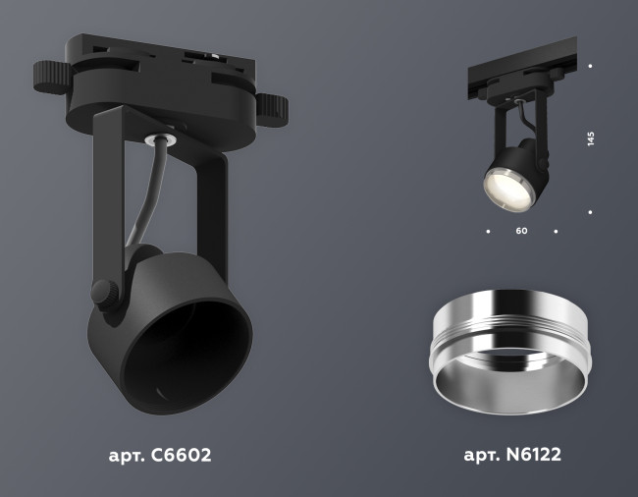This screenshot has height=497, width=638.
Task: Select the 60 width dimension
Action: pos(521,232)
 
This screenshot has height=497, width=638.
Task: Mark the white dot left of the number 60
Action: pos(488,232)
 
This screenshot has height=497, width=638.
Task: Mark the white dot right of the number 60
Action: pos(556,232)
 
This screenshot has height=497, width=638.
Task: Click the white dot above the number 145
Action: pos(591,66)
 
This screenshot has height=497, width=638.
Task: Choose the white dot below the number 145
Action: pos(591,210)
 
